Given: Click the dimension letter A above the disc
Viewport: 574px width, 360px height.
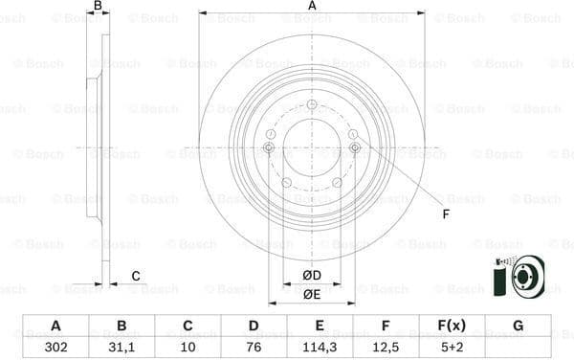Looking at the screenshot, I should [312, 7].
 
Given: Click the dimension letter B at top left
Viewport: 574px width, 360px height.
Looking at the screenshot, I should [97, 7].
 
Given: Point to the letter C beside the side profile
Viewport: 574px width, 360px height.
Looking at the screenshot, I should [136, 276].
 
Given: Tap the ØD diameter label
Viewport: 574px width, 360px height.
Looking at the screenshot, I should [311, 276].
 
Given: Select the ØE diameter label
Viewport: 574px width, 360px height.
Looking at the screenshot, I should [311, 294].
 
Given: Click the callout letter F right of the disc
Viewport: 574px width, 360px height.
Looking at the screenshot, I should [445, 214].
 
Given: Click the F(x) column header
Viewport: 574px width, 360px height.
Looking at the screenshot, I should [450, 326].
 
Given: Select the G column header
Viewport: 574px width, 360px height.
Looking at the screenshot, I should [519, 326].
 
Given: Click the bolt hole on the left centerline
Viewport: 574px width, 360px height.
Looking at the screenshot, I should [269, 147].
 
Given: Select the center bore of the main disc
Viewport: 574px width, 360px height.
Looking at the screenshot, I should [312, 147].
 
